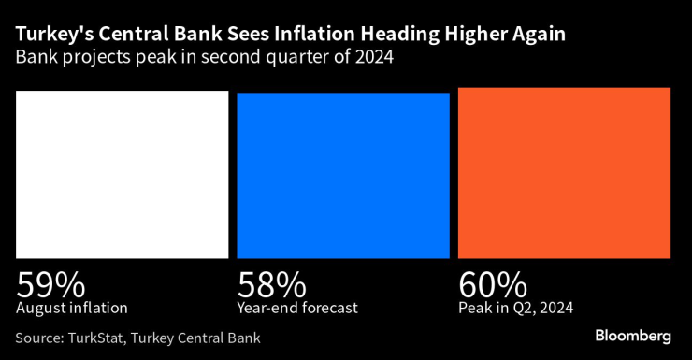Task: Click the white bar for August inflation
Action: (x=122, y=174)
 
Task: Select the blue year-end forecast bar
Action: (x=343, y=175)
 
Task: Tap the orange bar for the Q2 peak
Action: (x=564, y=172)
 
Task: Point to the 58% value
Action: (x=271, y=283)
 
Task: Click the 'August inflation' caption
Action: (x=71, y=307)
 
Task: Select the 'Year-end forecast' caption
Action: (x=298, y=307)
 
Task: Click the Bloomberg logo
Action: (x=633, y=336)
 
